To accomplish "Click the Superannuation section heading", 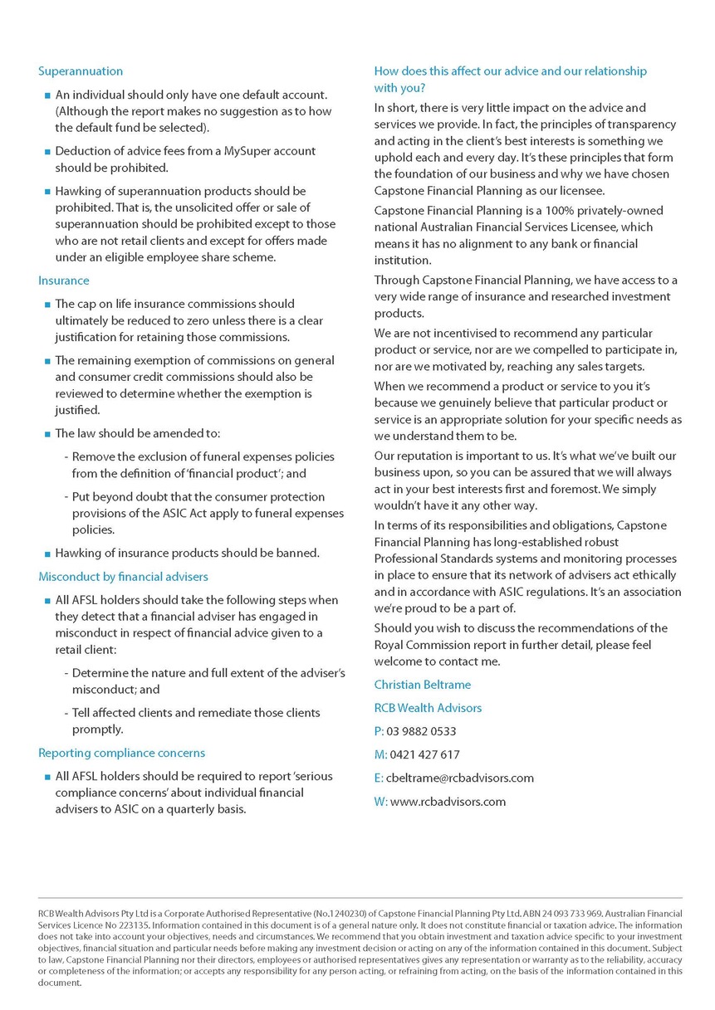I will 81,71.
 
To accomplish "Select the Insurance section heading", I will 64,281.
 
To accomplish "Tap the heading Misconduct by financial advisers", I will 123,576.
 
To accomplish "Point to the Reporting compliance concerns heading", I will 121,753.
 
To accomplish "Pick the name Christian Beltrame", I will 422,685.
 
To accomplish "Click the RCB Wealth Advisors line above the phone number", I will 428,708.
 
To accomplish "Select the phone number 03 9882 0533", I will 422,731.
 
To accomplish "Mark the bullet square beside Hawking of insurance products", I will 47,554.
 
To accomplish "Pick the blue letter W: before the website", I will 380,801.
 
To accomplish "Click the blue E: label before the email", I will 379,778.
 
